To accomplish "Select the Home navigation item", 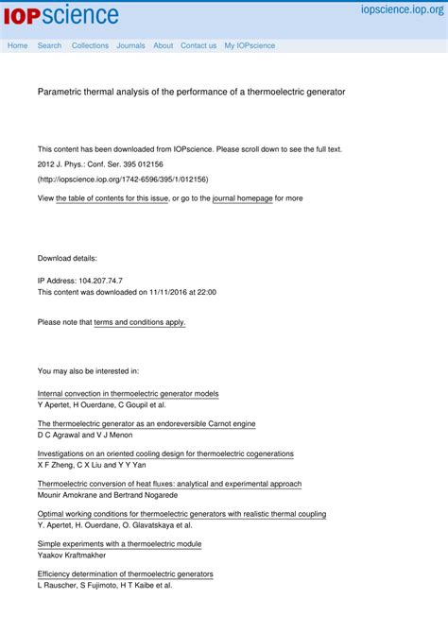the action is coord(17,45).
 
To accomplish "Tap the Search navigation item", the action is coord(49,45).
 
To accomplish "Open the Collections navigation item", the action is coord(90,45).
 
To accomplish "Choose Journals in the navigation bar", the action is coord(130,45).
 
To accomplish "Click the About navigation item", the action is coord(163,45).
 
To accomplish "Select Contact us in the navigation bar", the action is coord(198,45).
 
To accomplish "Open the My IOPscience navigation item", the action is coord(250,45).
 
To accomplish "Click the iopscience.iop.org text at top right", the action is coord(401,9).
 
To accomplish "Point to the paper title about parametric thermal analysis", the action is coord(191,93).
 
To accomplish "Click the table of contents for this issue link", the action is coord(112,198).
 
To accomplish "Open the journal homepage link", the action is coord(242,198).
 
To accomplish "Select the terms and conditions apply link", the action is coord(140,322).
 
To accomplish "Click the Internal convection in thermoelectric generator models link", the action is coord(128,393).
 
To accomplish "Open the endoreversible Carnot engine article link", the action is coord(146,424).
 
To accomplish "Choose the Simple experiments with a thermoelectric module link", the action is coord(119,544).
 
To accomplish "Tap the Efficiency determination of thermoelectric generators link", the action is coord(125,573).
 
